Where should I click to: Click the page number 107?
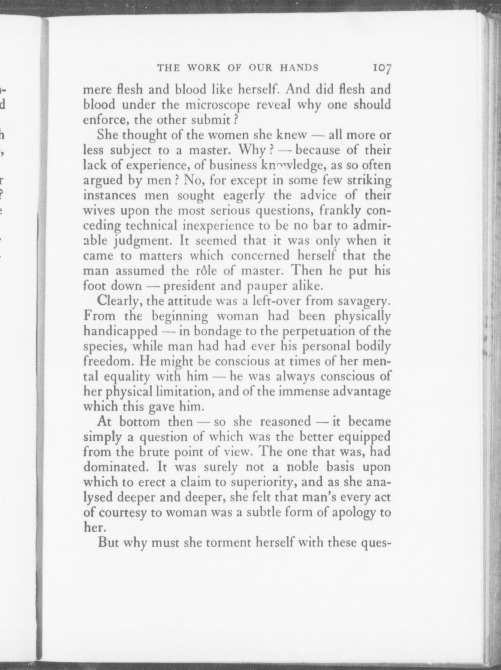click(381, 68)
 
